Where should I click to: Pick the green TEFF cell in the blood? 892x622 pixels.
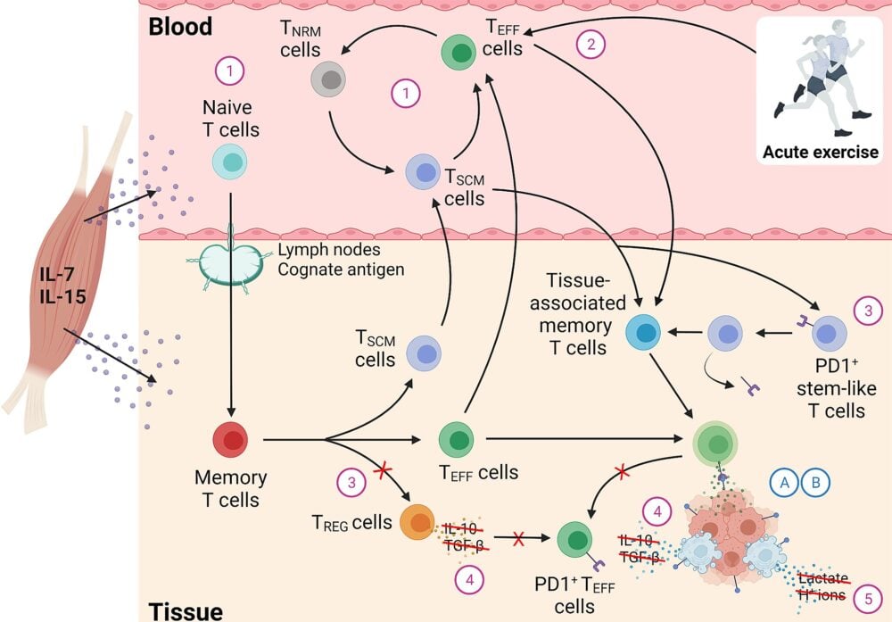point(458,51)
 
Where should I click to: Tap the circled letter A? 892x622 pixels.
point(785,481)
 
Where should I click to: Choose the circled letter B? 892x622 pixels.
point(815,481)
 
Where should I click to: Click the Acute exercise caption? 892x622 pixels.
point(820,152)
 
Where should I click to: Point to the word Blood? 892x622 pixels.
point(180,26)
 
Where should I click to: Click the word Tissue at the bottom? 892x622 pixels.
point(184,611)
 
